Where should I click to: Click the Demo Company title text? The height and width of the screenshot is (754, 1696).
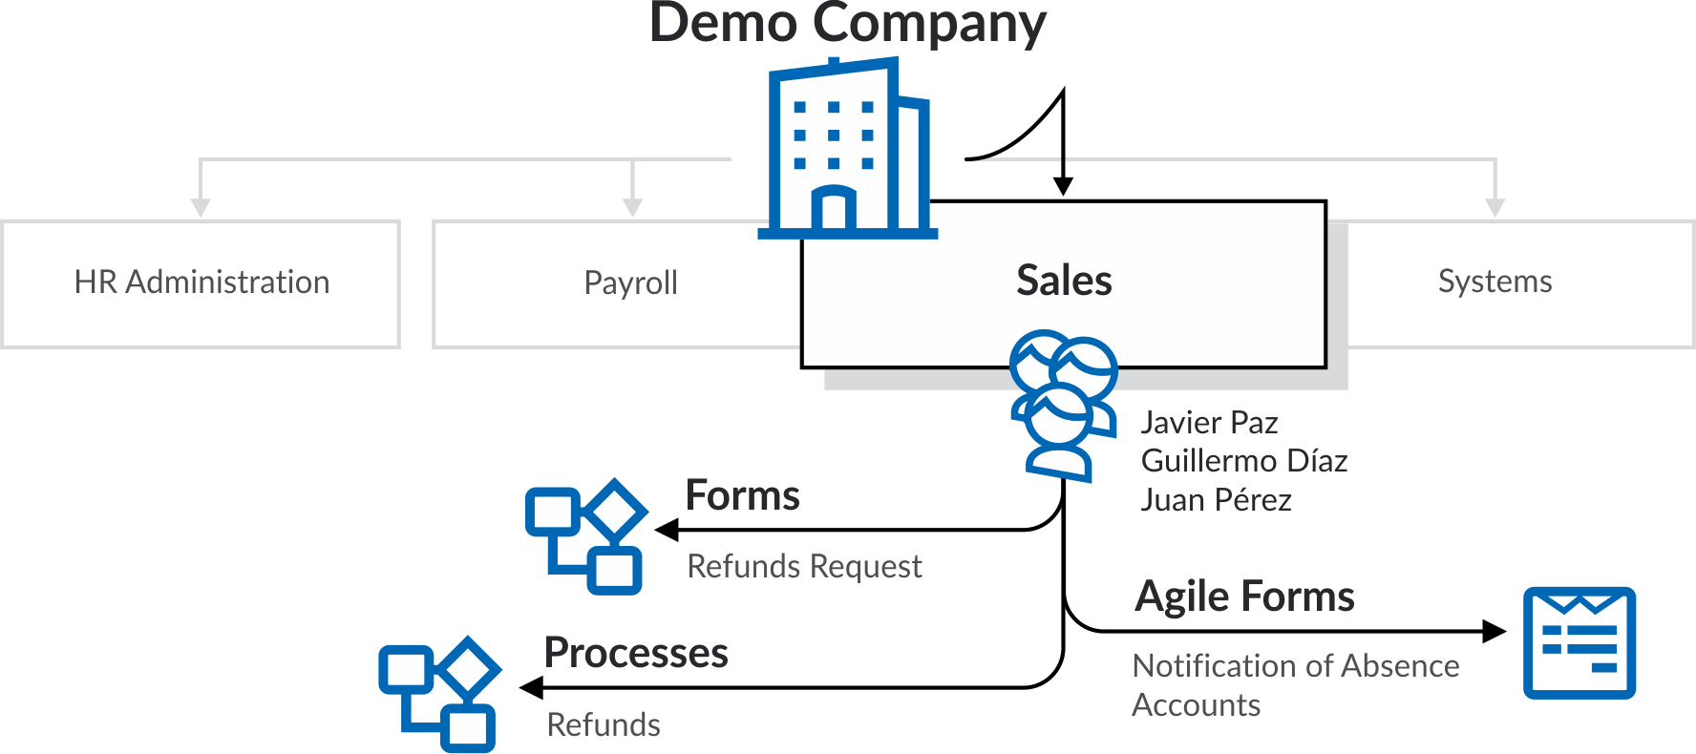(x=847, y=23)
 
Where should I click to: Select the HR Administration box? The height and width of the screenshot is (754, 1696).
(x=201, y=283)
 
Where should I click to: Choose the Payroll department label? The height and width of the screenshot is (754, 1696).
(x=630, y=283)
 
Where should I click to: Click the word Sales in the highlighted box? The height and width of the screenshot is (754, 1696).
(x=1064, y=282)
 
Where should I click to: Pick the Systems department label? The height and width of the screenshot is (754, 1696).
(x=1495, y=282)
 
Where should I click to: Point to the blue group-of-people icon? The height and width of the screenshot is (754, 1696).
(x=1062, y=404)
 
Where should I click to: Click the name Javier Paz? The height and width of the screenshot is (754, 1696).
(x=1209, y=423)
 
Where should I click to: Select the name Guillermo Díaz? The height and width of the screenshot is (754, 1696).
(x=1243, y=461)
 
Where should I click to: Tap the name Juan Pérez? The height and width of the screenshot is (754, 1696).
(x=1216, y=500)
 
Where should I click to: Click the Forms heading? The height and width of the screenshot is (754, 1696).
(x=742, y=496)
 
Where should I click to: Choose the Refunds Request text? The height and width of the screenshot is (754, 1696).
(x=804, y=567)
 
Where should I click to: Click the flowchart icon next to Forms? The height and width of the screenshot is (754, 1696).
(x=585, y=536)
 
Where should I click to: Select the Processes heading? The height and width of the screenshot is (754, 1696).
(x=636, y=654)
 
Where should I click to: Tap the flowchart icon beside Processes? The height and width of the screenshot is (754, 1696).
(x=439, y=694)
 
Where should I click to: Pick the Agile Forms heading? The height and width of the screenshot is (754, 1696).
(x=1244, y=597)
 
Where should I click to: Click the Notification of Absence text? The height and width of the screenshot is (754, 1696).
(x=1295, y=666)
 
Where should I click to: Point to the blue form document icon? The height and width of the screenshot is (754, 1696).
(x=1579, y=642)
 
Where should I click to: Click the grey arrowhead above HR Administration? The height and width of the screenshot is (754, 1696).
(x=201, y=207)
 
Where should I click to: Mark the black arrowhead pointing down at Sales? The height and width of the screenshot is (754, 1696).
(x=1063, y=186)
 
